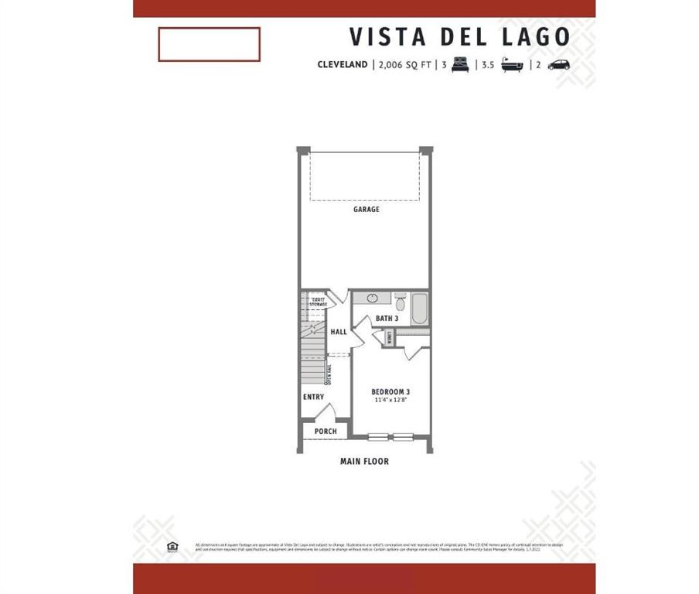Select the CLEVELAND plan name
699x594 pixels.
[342, 65]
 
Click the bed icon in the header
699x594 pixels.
[460, 65]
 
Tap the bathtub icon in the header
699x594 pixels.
[512, 65]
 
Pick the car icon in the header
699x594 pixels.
[558, 65]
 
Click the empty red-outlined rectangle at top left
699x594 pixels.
[209, 44]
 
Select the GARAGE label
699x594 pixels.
[367, 210]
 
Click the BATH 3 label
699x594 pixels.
[387, 319]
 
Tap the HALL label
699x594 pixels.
[339, 333]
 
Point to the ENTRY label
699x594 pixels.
[313, 398]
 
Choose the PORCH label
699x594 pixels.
[326, 432]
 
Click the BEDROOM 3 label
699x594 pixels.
[390, 391]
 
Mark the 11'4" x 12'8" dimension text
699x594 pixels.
[390, 401]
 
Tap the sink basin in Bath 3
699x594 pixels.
[372, 299]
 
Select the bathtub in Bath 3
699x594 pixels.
[420, 309]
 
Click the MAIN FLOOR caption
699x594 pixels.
[364, 462]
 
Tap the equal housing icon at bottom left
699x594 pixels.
[172, 547]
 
